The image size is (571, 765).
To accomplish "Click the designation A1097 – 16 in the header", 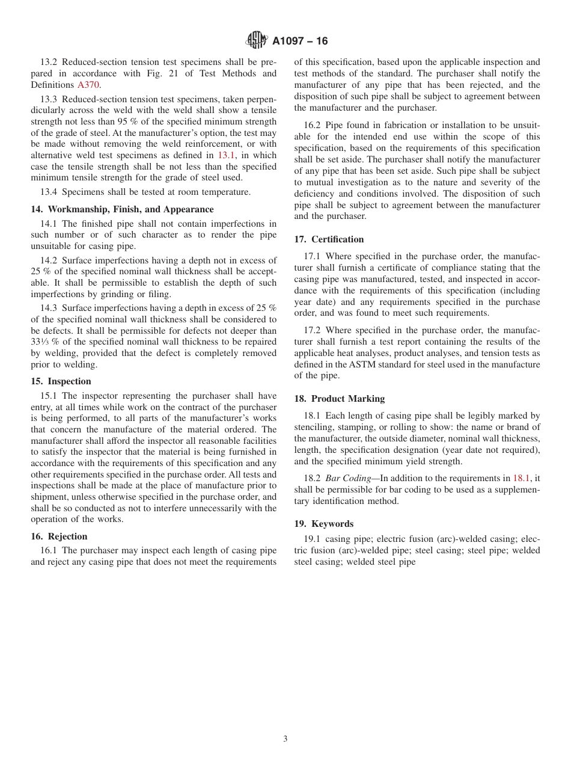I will [x=300, y=41].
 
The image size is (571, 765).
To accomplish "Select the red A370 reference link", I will [x=88, y=85].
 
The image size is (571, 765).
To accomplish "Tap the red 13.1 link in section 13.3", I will [x=227, y=155].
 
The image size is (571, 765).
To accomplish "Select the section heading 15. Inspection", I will [x=61, y=381].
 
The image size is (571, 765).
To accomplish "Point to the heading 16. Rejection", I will [x=59, y=536].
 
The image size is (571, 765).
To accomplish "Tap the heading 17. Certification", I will [x=329, y=239].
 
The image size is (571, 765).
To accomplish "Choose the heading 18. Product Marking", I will [x=339, y=399].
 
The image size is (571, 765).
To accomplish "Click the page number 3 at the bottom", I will [x=285, y=739].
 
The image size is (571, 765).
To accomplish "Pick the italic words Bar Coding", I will [x=348, y=478].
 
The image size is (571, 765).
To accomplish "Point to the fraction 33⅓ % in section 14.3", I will [x=41, y=342].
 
